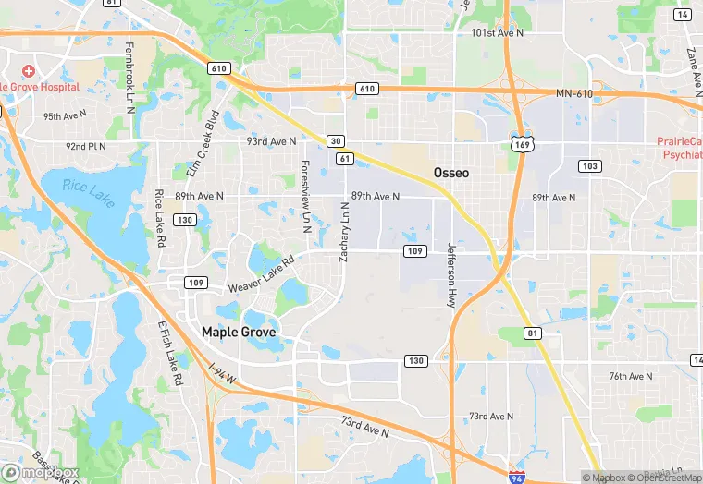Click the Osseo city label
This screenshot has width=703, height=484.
click(x=451, y=173)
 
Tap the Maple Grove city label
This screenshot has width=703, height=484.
click(x=239, y=331)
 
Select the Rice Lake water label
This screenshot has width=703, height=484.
click(x=89, y=193)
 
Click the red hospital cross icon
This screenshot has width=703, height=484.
click(x=30, y=71)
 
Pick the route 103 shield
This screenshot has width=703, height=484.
click(x=588, y=165)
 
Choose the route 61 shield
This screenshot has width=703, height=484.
click(x=345, y=160)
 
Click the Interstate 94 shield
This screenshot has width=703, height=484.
click(x=518, y=475)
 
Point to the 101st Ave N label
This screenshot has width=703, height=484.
click(x=498, y=32)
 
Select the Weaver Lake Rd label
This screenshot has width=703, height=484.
click(x=261, y=274)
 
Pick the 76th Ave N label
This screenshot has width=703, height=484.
click(x=631, y=376)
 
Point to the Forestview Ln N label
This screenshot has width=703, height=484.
click(x=305, y=189)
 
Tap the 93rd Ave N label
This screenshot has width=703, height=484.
click(x=271, y=141)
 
